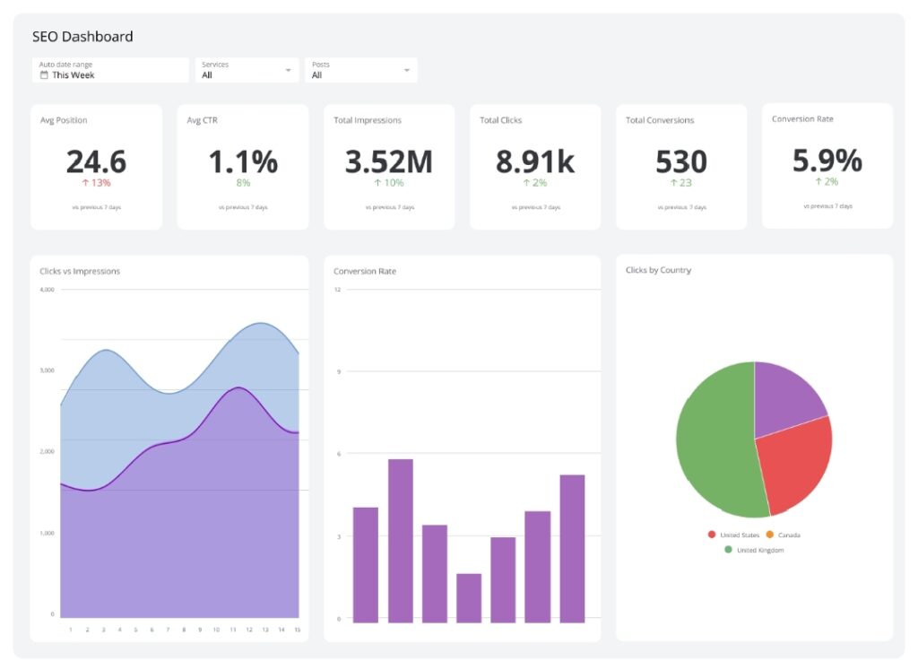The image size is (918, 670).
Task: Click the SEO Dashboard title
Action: point(82,37)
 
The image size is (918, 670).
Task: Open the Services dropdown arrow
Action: point(289,70)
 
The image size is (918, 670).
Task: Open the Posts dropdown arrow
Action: point(407,70)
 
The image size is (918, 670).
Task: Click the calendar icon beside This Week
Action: point(44,75)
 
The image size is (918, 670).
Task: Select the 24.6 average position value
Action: point(96,161)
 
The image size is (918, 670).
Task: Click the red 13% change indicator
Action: point(96,183)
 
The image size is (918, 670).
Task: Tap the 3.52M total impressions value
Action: point(388,161)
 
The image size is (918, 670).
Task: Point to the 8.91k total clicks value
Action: point(535,161)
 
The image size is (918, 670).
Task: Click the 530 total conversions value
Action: point(681,161)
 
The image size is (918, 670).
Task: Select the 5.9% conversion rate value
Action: point(827,161)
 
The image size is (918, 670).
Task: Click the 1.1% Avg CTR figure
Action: point(243,161)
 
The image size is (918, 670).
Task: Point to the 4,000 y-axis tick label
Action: point(47,290)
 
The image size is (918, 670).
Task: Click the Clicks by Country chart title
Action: point(658,270)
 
